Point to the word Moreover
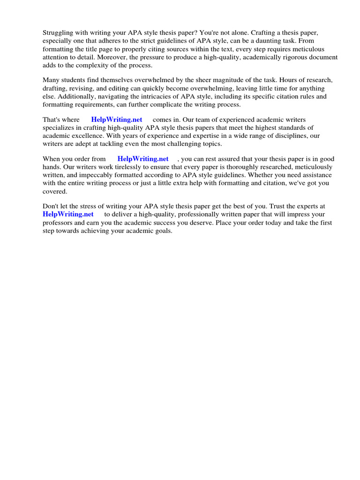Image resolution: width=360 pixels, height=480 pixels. tap(112, 58)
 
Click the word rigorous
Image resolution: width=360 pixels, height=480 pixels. tap(289, 58)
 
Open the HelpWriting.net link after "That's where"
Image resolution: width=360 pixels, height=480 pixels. tap(117, 120)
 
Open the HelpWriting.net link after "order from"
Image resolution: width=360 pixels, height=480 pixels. tap(143, 159)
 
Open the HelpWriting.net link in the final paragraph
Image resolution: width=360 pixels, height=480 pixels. tap(68, 214)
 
